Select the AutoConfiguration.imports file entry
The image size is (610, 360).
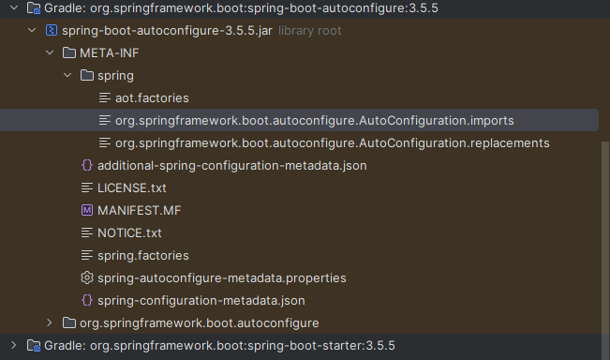314,120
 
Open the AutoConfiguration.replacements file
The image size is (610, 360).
332,142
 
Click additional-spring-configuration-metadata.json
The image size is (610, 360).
231,165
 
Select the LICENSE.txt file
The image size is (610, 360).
132,187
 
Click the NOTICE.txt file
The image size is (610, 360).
129,232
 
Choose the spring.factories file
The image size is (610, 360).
142,255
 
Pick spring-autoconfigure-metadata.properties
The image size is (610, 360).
222,277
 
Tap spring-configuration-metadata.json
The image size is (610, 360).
201,300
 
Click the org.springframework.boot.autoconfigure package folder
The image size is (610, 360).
199,322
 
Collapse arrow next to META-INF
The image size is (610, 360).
50,52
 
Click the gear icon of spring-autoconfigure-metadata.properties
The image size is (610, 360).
87,277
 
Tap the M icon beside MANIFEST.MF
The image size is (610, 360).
87,210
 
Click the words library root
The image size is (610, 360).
309,30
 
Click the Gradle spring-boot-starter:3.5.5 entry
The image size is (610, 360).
219,345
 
